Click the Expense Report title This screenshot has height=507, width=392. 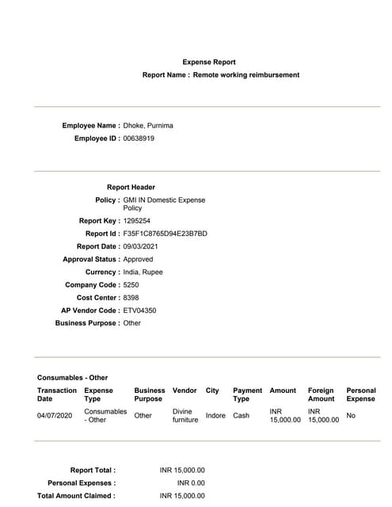coord(209,62)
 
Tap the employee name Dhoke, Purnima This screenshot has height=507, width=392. coord(148,125)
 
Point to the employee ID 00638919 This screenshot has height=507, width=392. coord(139,138)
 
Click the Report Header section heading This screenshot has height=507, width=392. coord(131,187)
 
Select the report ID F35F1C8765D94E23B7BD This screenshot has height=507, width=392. coord(165,234)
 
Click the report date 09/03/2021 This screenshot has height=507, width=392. coord(143,246)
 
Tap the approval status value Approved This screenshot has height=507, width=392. coord(139,259)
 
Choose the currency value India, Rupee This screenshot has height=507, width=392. coord(143,272)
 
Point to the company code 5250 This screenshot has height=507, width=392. coord(131,284)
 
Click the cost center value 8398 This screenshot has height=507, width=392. coord(131,297)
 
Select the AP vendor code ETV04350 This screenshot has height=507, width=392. coord(140,311)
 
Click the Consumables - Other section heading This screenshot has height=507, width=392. coord(72,377)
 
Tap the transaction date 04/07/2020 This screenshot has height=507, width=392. coord(55,415)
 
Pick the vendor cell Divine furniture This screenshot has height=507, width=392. coord(185,415)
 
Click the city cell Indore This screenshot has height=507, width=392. coord(215,415)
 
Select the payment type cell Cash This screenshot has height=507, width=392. coord(241,415)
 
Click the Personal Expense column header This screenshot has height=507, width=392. coord(361,395)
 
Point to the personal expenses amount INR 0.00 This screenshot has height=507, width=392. coord(191,482)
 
